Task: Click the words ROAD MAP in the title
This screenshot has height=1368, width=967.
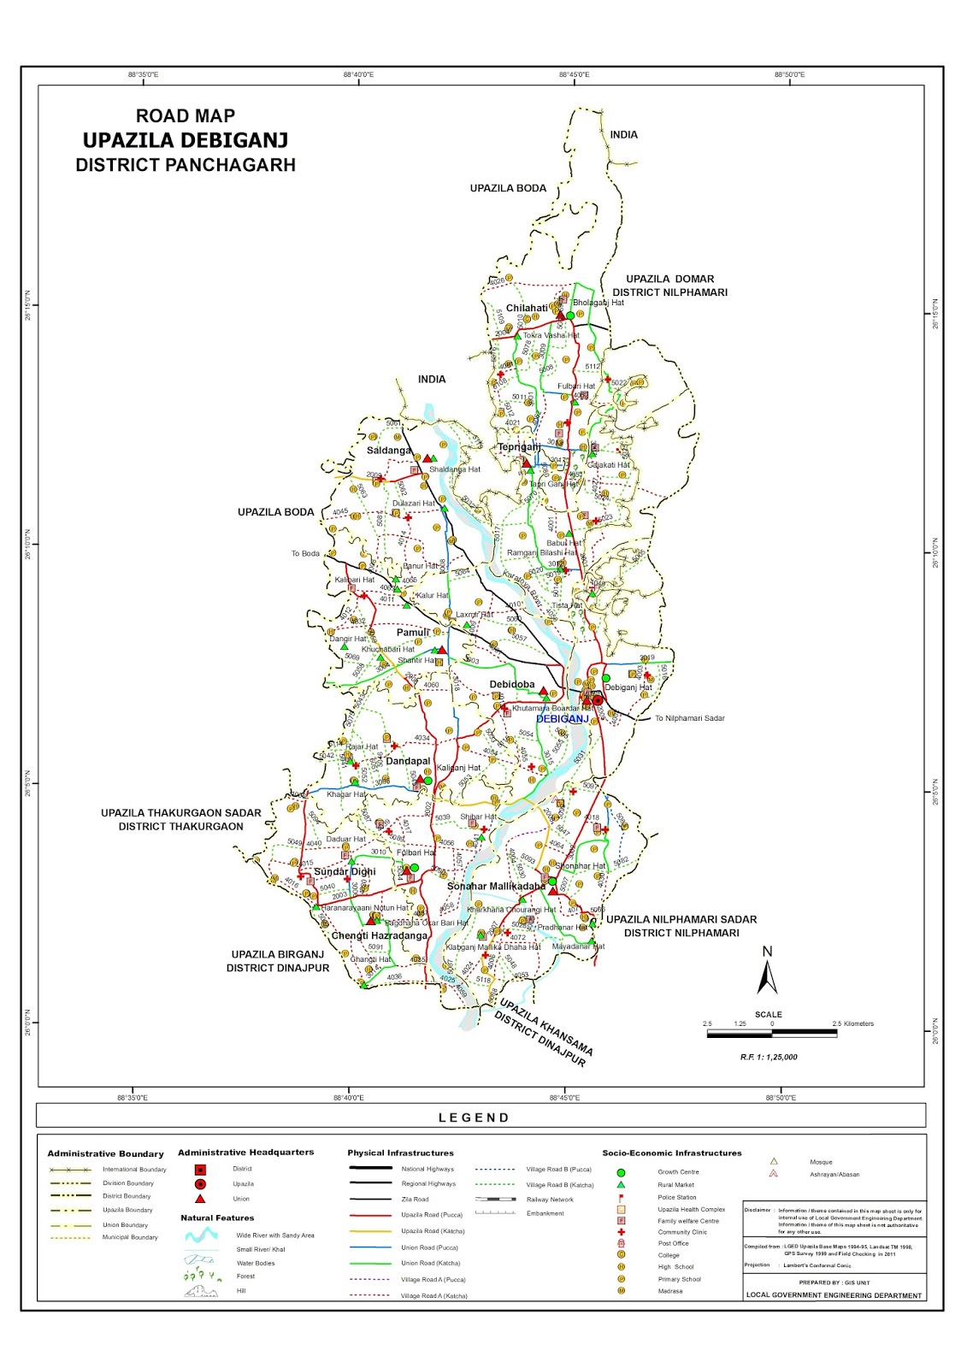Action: (186, 116)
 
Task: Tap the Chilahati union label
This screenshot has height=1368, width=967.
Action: (527, 309)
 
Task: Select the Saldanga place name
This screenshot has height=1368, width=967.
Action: (389, 451)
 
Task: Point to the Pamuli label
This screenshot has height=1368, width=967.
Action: (412, 633)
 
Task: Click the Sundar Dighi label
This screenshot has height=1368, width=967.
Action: (345, 872)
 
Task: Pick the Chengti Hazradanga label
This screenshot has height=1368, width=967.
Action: (379, 935)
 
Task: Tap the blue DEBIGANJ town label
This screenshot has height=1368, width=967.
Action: (563, 719)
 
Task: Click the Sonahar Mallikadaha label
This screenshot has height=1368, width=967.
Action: (496, 887)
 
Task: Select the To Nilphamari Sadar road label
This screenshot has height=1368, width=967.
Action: (689, 718)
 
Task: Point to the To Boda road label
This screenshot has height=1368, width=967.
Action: (305, 554)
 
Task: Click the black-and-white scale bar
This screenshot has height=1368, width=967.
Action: (771, 1034)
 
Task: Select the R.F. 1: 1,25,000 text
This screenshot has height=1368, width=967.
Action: (769, 1058)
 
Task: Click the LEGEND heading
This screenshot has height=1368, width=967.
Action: (474, 1117)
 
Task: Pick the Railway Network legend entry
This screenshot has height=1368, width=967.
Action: (550, 1200)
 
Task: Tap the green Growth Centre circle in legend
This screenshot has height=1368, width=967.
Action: (621, 1172)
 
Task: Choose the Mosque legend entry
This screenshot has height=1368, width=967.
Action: (821, 1162)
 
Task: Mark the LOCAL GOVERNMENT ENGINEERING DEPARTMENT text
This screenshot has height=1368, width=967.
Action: (834, 1295)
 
